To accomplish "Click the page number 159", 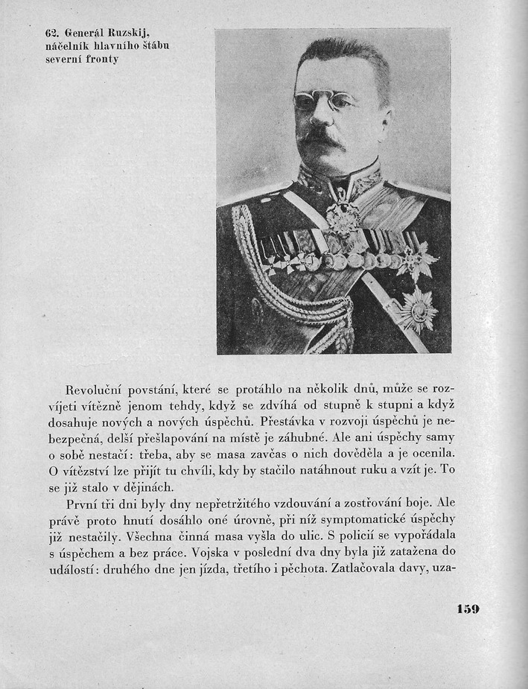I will pos(468,609).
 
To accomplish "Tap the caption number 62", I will pos(51,32).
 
